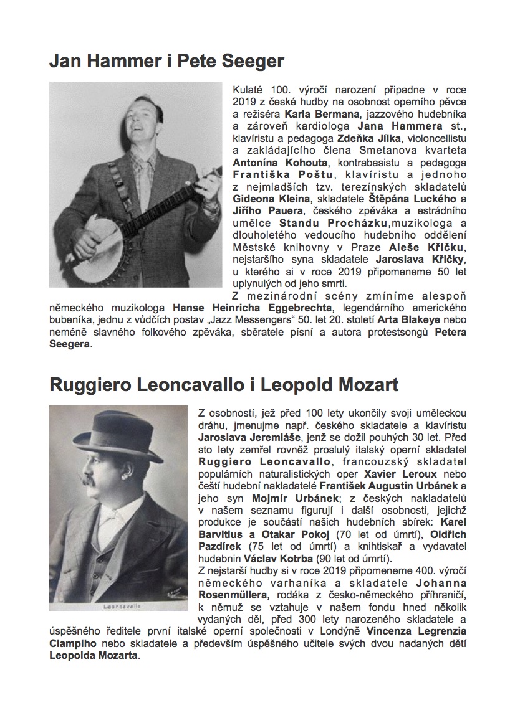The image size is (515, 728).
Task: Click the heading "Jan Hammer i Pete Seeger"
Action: click(x=166, y=61)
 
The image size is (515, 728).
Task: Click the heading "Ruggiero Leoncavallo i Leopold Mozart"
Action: click(x=224, y=385)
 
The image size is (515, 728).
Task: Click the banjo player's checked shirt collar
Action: click(x=145, y=163)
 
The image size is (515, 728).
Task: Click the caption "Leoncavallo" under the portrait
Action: click(x=118, y=604)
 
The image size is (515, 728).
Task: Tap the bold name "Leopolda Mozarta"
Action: click(x=94, y=655)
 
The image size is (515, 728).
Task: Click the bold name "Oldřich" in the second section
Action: click(x=445, y=534)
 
